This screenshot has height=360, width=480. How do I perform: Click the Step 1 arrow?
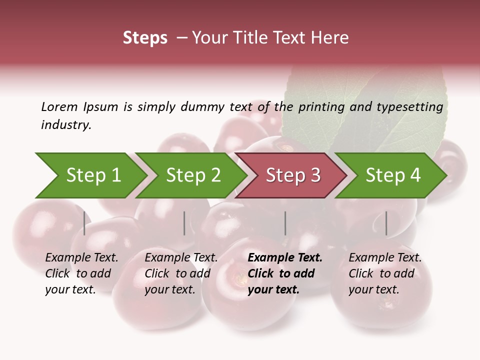click(x=90, y=175)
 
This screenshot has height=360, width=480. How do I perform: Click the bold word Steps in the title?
click(x=145, y=38)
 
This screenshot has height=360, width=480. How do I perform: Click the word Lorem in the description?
click(x=59, y=106)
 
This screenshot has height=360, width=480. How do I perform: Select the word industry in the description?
click(x=65, y=124)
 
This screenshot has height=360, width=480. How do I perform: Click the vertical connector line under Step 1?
click(x=84, y=223)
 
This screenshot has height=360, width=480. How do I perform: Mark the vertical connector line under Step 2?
click(x=184, y=223)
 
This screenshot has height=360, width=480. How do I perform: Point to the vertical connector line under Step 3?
click(x=285, y=223)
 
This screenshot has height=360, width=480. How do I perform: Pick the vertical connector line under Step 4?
click(x=386, y=223)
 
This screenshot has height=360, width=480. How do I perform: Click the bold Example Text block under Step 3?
click(x=284, y=273)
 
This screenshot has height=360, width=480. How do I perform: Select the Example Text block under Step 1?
click(x=81, y=273)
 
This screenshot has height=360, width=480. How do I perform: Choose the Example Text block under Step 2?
click(x=181, y=273)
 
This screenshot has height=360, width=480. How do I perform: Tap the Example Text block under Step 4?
click(x=385, y=273)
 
